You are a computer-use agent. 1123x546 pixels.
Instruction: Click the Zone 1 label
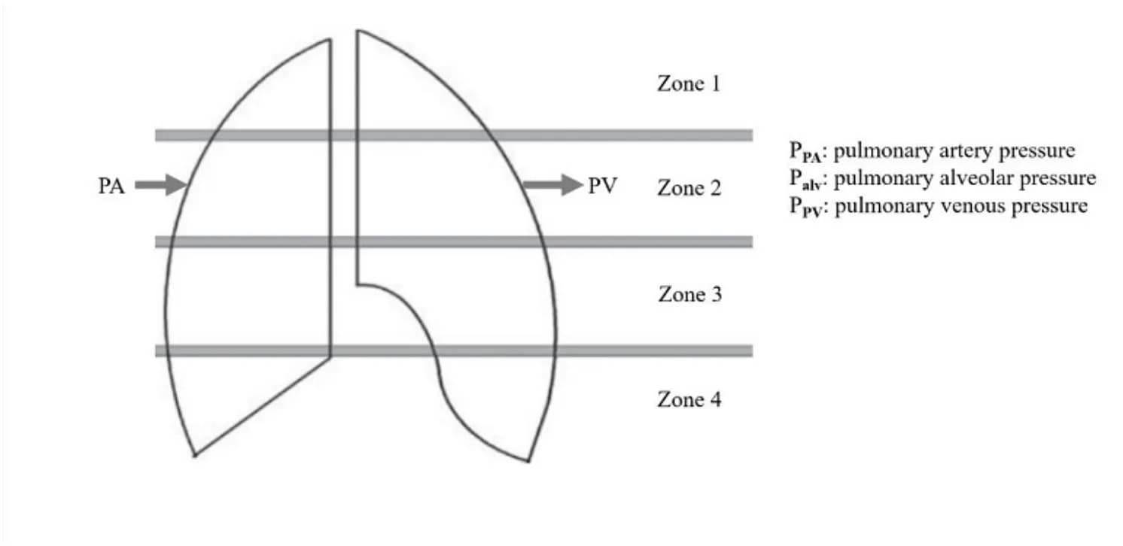(689, 83)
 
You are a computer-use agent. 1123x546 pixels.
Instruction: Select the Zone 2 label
(689, 188)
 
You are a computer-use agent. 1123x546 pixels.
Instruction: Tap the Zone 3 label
(690, 295)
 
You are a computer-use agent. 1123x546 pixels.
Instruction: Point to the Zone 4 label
(689, 400)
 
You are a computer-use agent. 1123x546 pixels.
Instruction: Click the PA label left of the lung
(111, 186)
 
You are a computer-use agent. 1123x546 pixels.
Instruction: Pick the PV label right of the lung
(603, 186)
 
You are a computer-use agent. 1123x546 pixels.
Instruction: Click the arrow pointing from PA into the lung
(160, 185)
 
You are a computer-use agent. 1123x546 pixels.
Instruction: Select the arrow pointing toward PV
(553, 185)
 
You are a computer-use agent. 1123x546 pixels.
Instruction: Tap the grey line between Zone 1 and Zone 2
(454, 135)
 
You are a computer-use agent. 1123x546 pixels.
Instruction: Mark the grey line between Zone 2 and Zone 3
(454, 242)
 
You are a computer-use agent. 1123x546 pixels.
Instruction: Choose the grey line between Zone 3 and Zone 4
(454, 350)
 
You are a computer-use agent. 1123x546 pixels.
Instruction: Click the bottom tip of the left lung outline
(195, 455)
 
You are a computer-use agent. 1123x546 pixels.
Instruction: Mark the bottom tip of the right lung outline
(528, 461)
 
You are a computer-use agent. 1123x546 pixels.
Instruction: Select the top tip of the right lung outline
(358, 31)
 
